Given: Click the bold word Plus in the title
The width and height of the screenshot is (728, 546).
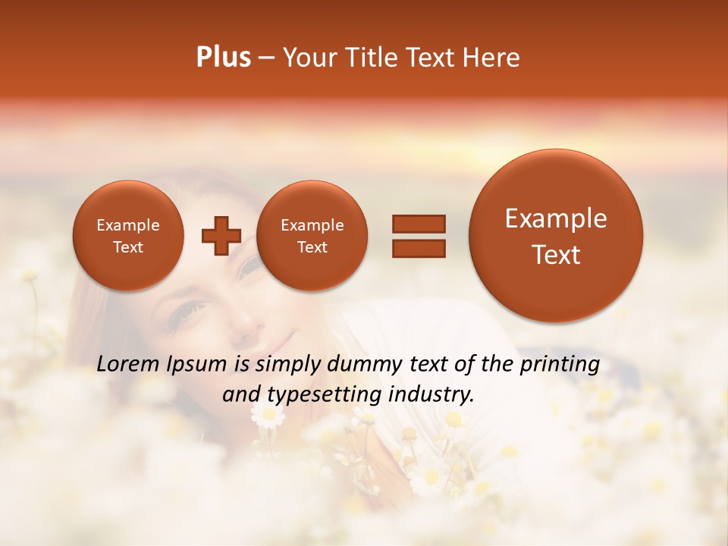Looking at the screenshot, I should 224,57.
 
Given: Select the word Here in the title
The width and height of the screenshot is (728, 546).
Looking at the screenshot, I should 492,57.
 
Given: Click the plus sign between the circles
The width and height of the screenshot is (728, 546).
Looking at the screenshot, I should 221,236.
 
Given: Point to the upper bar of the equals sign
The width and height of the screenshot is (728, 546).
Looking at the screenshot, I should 419,224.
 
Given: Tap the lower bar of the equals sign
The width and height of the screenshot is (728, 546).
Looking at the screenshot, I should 419,248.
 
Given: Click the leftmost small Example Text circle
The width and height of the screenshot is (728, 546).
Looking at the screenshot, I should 128,236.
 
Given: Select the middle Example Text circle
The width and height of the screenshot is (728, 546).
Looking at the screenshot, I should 312,236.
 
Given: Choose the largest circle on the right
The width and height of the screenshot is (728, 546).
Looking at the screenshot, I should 556,236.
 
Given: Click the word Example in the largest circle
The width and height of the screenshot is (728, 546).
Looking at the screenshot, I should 556,218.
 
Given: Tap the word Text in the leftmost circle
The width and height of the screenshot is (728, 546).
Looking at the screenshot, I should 128,247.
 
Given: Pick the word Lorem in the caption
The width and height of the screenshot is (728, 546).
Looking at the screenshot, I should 128,364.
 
